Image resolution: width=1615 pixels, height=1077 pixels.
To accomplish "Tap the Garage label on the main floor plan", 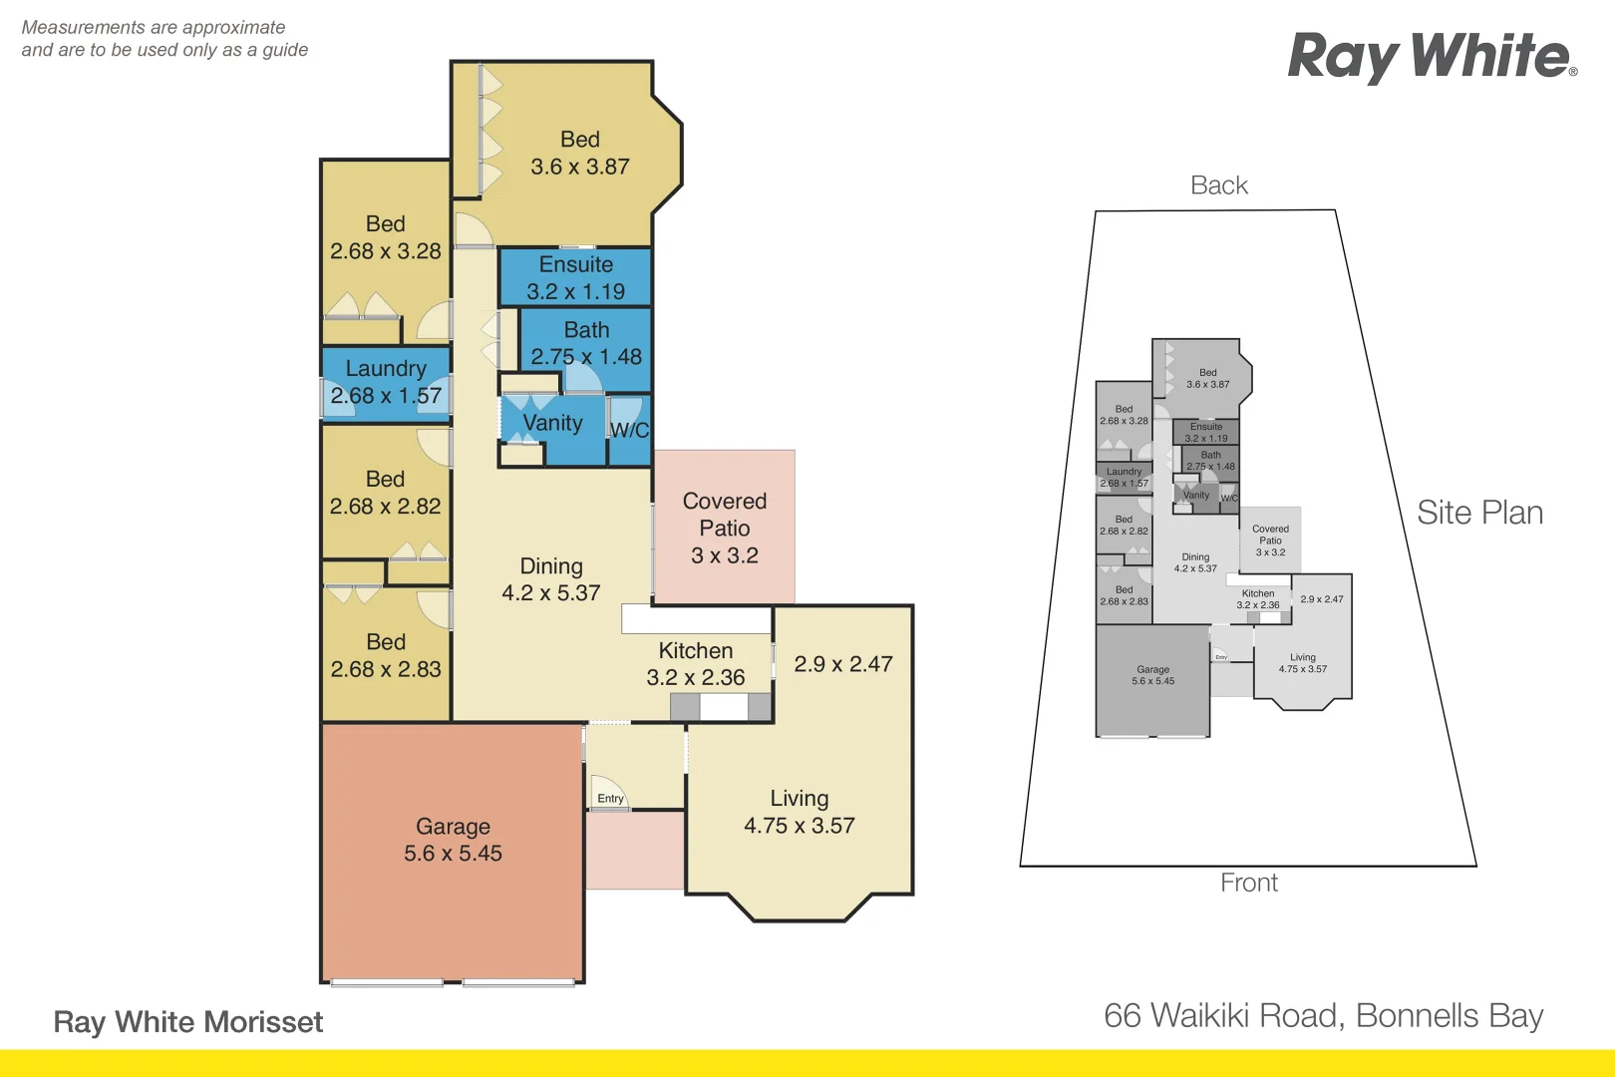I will click(453, 827).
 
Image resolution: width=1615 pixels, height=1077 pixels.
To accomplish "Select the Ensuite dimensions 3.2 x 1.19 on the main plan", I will click(576, 292).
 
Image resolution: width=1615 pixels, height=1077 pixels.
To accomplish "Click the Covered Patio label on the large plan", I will click(725, 515).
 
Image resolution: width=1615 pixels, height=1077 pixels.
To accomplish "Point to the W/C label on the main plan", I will click(629, 430).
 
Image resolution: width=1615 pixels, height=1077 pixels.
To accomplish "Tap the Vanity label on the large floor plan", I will click(552, 423).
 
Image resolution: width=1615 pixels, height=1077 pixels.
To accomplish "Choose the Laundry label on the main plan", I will click(386, 369).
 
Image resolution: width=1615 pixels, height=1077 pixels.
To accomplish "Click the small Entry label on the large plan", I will click(610, 799).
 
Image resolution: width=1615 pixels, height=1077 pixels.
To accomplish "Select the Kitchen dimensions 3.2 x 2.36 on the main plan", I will click(696, 678).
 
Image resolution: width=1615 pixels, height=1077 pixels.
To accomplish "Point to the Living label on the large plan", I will click(800, 799).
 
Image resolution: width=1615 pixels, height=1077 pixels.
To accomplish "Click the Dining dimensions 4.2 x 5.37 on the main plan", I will click(551, 593).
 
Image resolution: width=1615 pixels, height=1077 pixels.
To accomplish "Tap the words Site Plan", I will click(1479, 513).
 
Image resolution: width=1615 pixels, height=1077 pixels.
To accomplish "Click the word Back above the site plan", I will click(1219, 185).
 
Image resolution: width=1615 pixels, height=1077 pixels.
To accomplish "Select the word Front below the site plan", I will click(1249, 883).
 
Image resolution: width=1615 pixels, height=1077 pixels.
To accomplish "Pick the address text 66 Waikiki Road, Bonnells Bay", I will click(1323, 1015).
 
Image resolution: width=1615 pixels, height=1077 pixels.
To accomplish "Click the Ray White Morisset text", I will click(188, 1022).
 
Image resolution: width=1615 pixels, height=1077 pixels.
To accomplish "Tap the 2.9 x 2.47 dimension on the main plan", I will click(843, 664).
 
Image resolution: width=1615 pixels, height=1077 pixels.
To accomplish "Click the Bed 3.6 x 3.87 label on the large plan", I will click(580, 154).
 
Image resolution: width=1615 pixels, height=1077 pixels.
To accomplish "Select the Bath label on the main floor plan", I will click(586, 330).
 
